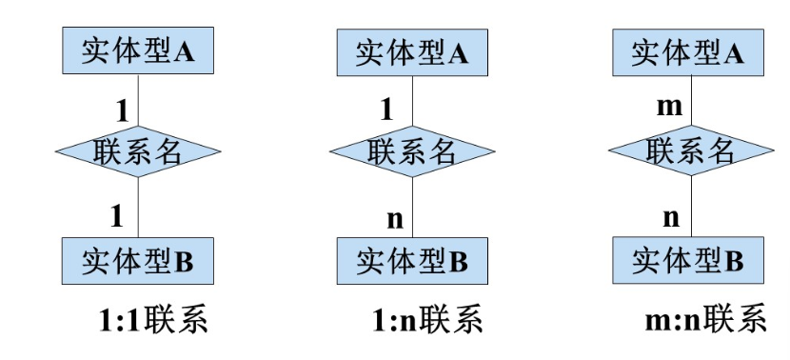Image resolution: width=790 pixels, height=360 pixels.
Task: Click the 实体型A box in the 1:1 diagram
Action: (x=139, y=53)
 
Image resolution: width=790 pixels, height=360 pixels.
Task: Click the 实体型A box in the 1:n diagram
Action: (x=412, y=53)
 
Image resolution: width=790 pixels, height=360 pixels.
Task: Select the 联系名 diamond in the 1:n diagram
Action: (x=412, y=152)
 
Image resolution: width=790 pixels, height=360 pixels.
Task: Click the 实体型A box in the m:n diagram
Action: (x=687, y=53)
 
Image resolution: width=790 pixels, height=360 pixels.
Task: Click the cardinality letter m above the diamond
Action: (x=670, y=108)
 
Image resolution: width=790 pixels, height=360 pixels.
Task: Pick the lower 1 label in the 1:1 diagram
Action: (x=117, y=215)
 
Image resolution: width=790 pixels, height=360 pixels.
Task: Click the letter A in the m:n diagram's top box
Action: (x=733, y=53)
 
